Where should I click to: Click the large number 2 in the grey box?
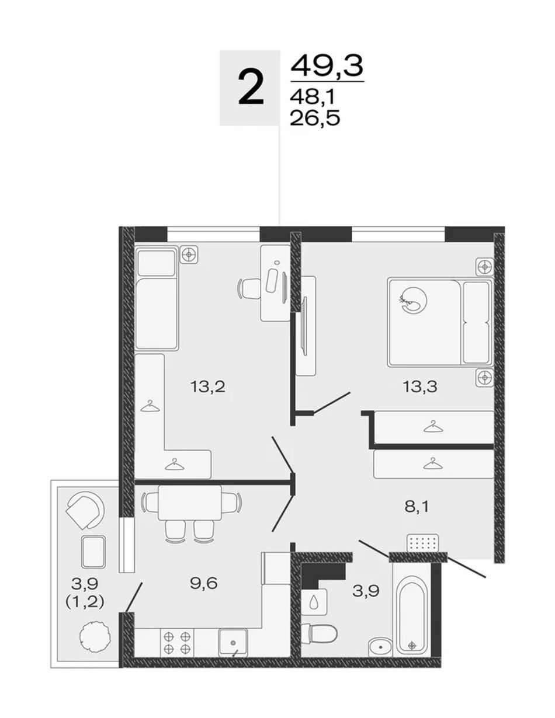[x=251, y=88]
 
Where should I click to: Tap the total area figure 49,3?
[x=327, y=65]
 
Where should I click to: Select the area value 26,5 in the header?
[x=315, y=118]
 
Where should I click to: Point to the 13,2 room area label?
[x=207, y=386]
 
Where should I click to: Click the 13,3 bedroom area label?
[x=420, y=386]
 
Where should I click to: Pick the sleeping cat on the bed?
[x=413, y=301]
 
